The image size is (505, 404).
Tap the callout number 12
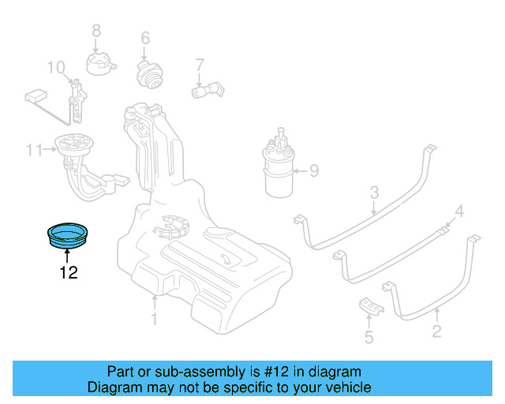point(68,273)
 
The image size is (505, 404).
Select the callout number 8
point(96,31)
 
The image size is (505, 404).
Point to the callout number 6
point(145,38)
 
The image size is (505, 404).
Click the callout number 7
point(200,65)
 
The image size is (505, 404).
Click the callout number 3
point(375,192)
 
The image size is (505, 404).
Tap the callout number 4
point(459,211)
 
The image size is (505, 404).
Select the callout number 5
point(368,339)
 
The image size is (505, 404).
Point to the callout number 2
point(436,331)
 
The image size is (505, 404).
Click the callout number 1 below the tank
point(155,319)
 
